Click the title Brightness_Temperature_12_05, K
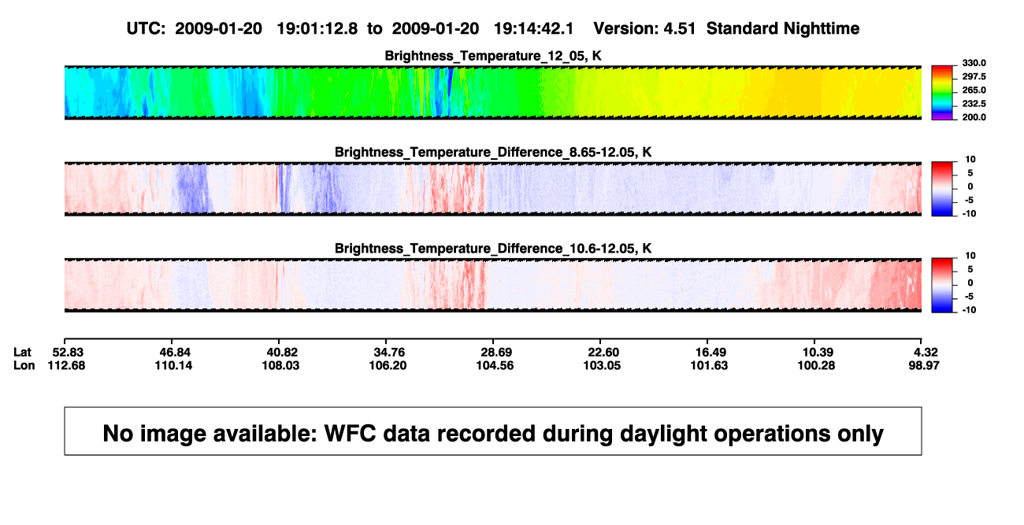point(493,56)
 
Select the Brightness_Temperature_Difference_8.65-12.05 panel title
point(493,152)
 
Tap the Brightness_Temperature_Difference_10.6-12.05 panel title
point(493,249)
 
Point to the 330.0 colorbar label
point(974,63)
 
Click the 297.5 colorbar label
point(974,77)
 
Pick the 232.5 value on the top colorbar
point(974,104)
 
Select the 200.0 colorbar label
point(974,117)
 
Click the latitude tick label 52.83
point(68,353)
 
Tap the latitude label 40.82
point(282,353)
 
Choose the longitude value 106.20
point(388,365)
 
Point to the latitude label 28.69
point(496,353)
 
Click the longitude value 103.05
point(602,365)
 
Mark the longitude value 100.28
point(816,365)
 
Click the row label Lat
point(22,353)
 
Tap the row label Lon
point(24,365)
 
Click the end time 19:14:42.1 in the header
point(533,28)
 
